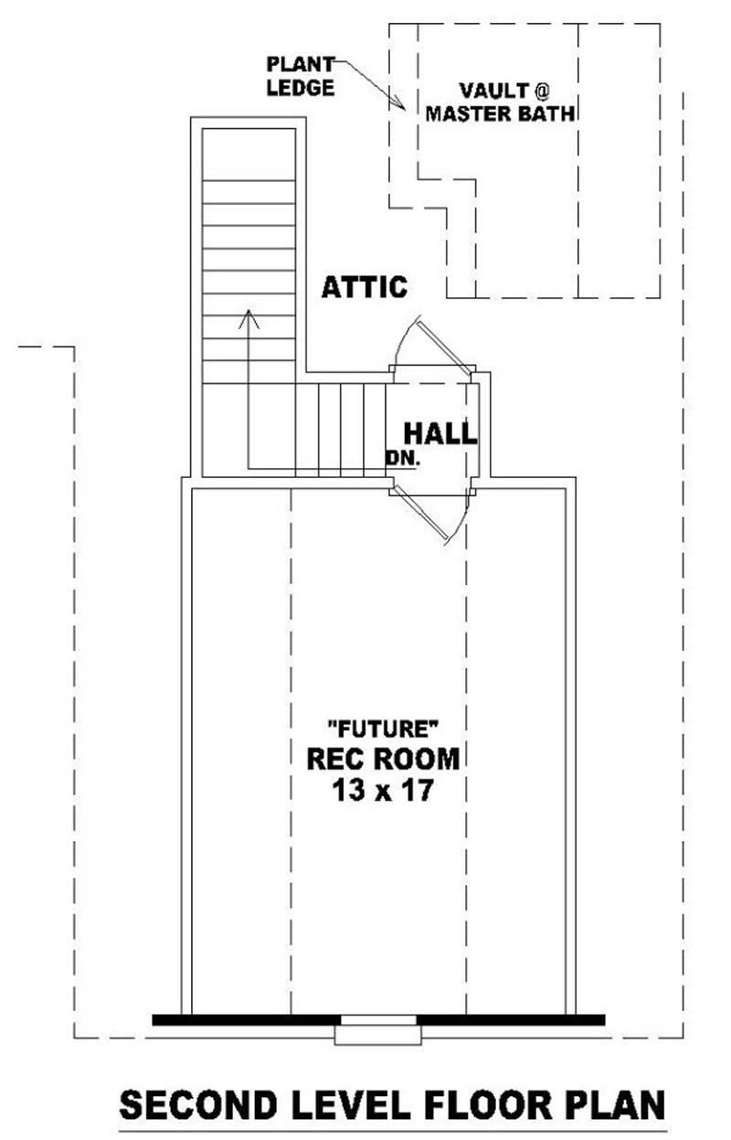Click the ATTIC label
click(365, 287)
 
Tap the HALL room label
click(440, 433)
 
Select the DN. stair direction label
click(402, 459)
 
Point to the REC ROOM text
click(382, 759)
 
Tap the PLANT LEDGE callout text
click(300, 76)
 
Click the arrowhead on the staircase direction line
click(249, 318)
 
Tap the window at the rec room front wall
click(379, 1020)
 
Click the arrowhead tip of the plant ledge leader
click(405, 109)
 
